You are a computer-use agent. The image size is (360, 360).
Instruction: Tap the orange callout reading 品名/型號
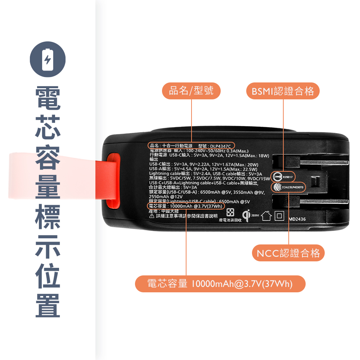click(191, 91)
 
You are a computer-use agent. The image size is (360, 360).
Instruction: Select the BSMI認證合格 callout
click(283, 91)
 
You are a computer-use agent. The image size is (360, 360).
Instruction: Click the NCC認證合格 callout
click(288, 253)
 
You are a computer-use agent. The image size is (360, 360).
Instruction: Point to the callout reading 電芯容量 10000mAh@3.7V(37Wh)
click(220, 284)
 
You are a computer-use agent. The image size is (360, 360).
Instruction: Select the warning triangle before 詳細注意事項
click(152, 216)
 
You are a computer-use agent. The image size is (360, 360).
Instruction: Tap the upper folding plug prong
click(310, 163)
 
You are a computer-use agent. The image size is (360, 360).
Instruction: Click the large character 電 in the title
click(48, 98)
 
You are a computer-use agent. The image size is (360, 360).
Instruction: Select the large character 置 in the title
click(48, 306)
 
